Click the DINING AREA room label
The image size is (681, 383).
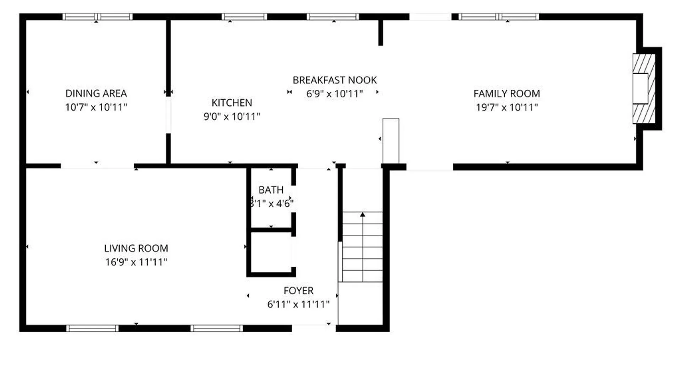point(96,93)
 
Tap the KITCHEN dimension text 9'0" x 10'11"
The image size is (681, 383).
point(232,116)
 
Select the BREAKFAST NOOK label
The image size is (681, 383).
point(334,80)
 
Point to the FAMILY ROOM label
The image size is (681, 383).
point(506,94)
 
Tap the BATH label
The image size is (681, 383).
point(271,190)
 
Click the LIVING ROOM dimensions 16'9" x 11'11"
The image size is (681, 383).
point(136,262)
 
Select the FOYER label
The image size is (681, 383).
point(298,291)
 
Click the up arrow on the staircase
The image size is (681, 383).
point(362,215)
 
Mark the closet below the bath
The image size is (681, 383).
point(271,252)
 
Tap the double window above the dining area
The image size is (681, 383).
point(98,17)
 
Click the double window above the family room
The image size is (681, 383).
point(499,17)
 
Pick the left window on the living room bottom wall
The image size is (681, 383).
point(92,328)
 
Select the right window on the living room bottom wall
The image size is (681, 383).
point(217,328)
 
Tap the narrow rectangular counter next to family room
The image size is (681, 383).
point(391,141)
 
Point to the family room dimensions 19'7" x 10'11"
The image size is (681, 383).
point(506,107)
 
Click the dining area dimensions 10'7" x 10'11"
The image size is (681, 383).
point(96,107)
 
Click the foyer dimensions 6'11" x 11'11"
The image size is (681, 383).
point(298,304)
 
